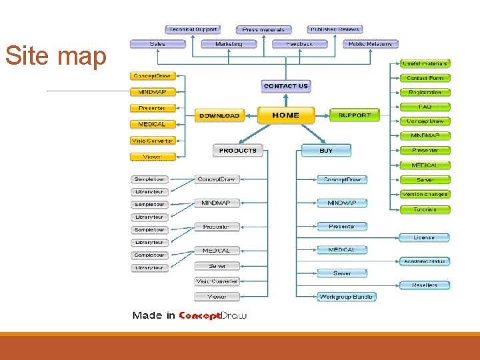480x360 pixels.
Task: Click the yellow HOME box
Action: pos(285,115)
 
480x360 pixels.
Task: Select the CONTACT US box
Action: pos(285,86)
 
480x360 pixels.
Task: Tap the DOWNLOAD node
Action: pos(219,115)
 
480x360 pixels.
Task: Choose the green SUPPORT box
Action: pos(354,115)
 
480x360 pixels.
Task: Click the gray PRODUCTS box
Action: pos(237,151)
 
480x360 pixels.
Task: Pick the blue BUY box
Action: pos(326,151)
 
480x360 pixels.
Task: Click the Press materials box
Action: pos(263,29)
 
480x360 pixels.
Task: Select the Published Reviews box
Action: pos(335,29)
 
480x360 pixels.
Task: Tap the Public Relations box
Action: pos(371,44)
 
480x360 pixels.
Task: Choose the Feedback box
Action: pos(299,44)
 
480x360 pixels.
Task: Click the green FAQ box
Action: pos(425,107)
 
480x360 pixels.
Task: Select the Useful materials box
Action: pos(425,63)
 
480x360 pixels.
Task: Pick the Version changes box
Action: pos(425,195)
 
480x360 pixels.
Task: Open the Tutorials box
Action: pos(425,209)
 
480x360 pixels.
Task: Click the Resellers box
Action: pos(425,285)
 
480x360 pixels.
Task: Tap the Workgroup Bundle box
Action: pos(346,297)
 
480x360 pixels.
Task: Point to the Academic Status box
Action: pos(425,261)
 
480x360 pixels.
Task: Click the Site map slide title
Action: pos(56,57)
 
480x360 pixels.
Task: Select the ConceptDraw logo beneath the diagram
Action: pos(213,315)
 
